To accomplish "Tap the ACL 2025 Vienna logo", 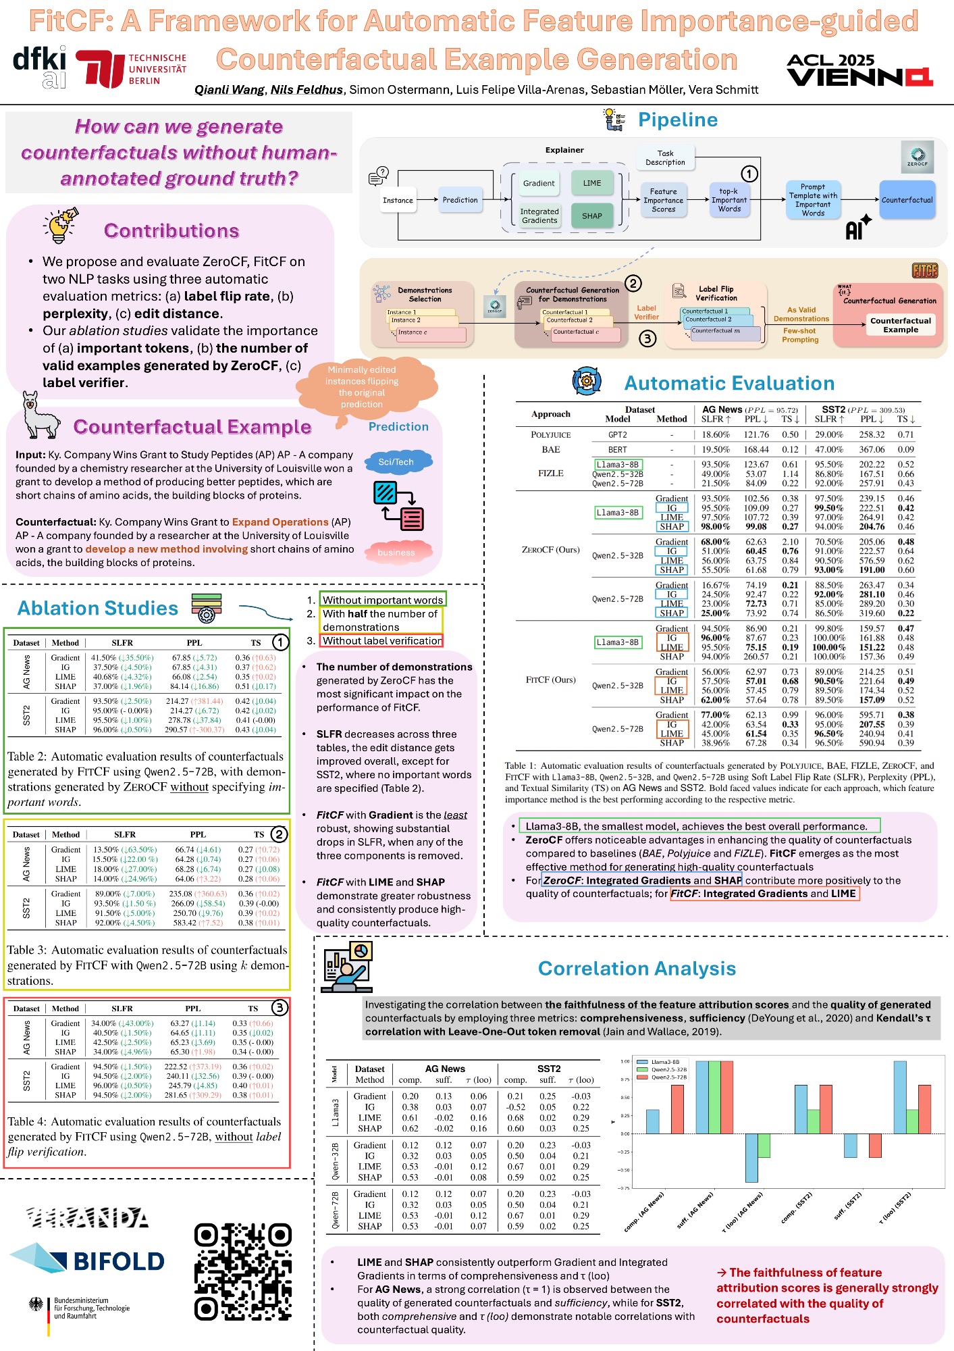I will click(859, 70).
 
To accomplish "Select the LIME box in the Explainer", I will click(592, 183).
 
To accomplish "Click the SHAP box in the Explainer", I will click(592, 215).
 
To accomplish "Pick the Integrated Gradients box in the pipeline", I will click(539, 215).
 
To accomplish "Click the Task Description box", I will click(665, 158).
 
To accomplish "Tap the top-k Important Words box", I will click(729, 201).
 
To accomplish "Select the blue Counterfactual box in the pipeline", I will click(907, 200).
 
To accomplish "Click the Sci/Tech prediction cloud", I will click(396, 462).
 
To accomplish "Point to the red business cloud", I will click(396, 553).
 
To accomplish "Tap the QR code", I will click(243, 1272).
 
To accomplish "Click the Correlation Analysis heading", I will click(637, 969).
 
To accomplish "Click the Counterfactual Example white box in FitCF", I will click(901, 326).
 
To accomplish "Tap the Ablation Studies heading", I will click(98, 609).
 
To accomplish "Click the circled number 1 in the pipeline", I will click(749, 174).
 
